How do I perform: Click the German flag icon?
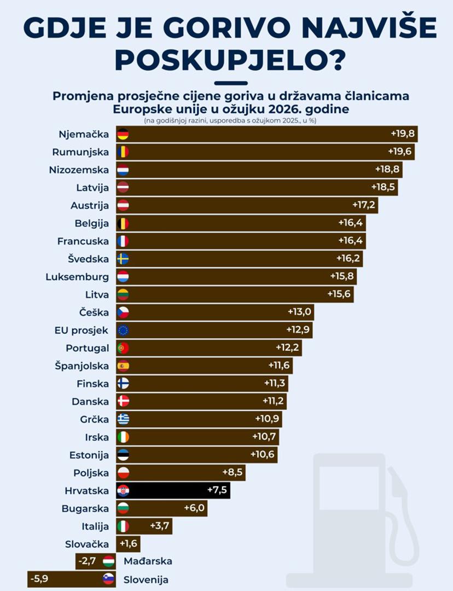click(x=123, y=134)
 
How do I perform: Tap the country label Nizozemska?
click(x=79, y=170)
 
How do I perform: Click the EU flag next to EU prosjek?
click(x=123, y=330)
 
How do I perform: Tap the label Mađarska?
click(x=148, y=561)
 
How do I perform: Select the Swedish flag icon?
click(x=123, y=259)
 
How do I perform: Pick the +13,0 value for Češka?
click(x=299, y=312)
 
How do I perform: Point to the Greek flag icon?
click(x=123, y=419)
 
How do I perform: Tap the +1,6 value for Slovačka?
click(x=129, y=544)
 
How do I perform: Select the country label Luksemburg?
click(x=77, y=276)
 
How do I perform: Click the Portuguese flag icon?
click(x=123, y=348)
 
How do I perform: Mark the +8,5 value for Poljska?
click(x=233, y=472)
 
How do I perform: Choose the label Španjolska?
click(x=82, y=366)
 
